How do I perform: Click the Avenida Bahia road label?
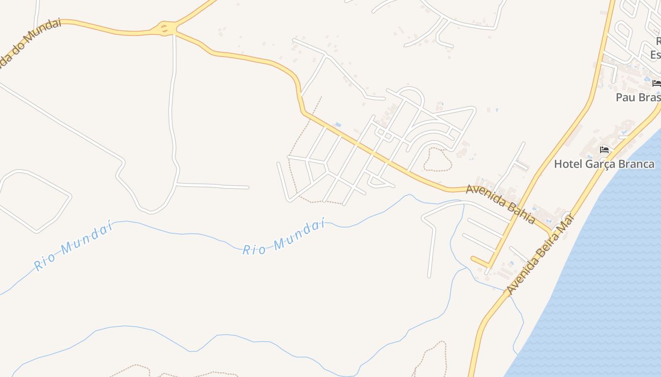(x=500, y=204)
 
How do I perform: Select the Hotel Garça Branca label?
(x=604, y=164)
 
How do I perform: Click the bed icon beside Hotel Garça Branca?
(x=604, y=150)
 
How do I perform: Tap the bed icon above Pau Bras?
(x=656, y=83)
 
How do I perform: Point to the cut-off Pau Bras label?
(x=638, y=98)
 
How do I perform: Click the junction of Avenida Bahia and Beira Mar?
(x=551, y=232)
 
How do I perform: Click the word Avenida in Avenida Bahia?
(x=486, y=197)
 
